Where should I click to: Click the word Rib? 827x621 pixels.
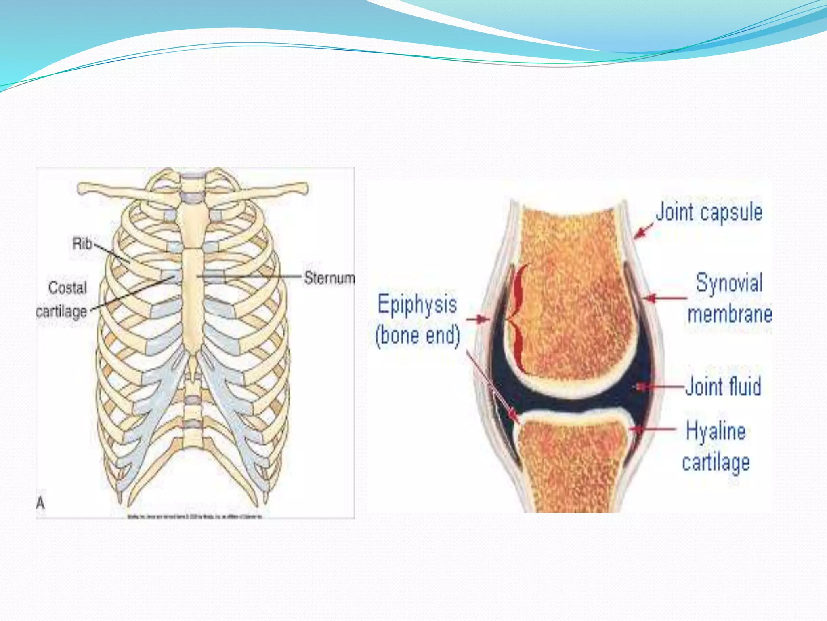(x=82, y=243)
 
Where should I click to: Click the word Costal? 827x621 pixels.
(x=67, y=288)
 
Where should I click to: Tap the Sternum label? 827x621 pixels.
(x=329, y=278)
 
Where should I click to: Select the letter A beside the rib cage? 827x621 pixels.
(x=40, y=503)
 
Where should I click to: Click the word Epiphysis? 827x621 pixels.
(x=417, y=304)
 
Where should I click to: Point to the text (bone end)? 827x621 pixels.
(x=417, y=335)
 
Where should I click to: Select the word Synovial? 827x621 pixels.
(x=729, y=283)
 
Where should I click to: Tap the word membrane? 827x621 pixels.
(x=729, y=314)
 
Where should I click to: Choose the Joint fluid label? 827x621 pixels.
(x=723, y=386)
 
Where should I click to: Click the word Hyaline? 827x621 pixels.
(x=716, y=431)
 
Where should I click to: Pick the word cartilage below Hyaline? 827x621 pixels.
(x=716, y=463)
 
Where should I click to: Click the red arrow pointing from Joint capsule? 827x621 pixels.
(x=643, y=231)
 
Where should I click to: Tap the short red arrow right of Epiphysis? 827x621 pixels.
(x=478, y=319)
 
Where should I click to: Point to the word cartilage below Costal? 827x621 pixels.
(x=61, y=312)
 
